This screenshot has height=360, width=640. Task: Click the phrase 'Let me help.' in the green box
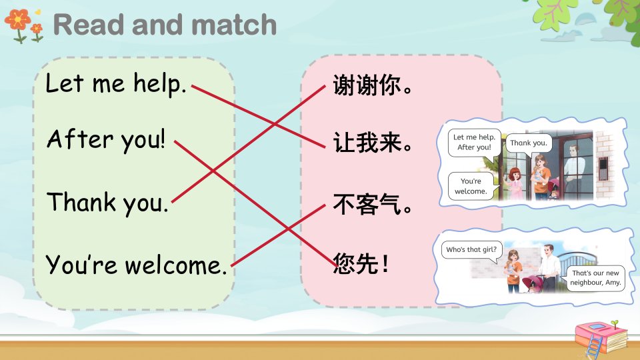click(116, 83)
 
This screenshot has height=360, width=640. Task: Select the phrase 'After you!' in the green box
click(106, 139)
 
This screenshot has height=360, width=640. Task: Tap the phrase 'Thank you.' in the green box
click(107, 203)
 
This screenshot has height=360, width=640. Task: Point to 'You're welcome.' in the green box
click(136, 265)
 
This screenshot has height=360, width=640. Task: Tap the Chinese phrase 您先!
click(361, 263)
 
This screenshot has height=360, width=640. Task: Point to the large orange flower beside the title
click(17, 19)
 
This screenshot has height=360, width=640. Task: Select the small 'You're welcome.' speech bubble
click(471, 186)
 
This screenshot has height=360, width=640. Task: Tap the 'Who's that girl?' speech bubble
click(471, 250)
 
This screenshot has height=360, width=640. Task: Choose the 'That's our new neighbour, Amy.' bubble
click(595, 277)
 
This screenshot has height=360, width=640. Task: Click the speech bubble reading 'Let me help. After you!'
click(474, 143)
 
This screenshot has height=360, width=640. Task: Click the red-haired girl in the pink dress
click(515, 184)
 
